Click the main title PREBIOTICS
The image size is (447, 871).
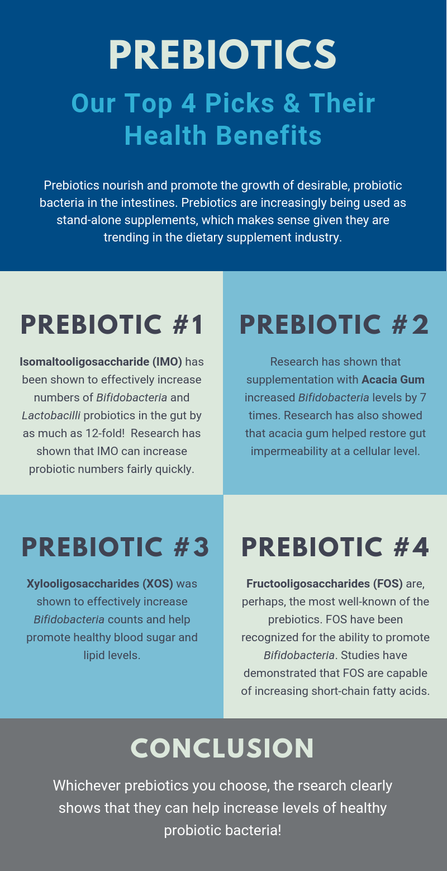click(x=223, y=55)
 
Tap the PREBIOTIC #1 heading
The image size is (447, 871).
click(x=112, y=325)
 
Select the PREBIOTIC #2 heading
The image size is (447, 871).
click(x=334, y=325)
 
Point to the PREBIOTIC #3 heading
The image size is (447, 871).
click(x=116, y=547)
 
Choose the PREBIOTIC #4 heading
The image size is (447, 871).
click(x=335, y=547)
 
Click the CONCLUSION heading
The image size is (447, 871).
click(x=222, y=748)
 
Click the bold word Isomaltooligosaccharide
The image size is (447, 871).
click(x=84, y=362)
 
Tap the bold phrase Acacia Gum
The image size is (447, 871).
click(x=393, y=380)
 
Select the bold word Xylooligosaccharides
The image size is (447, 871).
click(x=83, y=584)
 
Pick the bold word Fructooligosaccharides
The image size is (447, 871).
click(x=308, y=584)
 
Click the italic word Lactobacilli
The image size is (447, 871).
click(x=51, y=415)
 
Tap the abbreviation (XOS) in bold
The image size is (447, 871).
click(x=158, y=584)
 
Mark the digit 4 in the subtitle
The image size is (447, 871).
click(x=188, y=103)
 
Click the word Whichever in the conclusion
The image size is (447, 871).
click(x=87, y=786)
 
